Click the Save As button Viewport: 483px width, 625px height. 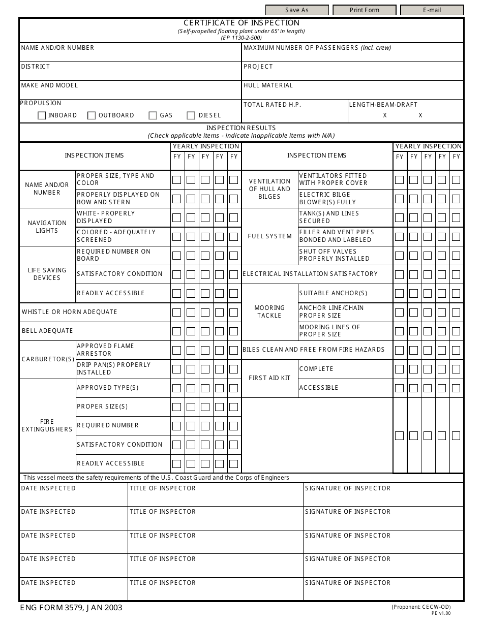click(x=297, y=10)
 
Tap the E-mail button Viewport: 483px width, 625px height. click(x=432, y=10)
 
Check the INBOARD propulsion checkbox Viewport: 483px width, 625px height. click(x=42, y=116)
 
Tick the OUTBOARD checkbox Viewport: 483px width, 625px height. click(x=92, y=116)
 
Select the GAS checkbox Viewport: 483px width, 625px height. click(x=153, y=116)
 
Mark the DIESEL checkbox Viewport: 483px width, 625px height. click(x=191, y=116)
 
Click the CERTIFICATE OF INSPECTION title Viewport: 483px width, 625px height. click(x=242, y=23)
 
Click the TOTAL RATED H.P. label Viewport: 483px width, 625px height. click(x=272, y=105)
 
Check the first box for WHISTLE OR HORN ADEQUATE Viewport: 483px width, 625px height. click(x=176, y=312)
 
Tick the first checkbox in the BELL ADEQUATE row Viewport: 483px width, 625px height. click(x=176, y=331)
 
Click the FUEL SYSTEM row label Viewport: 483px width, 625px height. click(x=269, y=236)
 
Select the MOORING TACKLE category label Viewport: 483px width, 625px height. click(x=269, y=312)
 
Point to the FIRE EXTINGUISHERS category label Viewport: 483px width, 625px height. click(x=47, y=426)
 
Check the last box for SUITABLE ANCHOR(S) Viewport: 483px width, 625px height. click(x=456, y=294)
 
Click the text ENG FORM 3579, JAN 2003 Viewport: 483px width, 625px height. click(x=71, y=608)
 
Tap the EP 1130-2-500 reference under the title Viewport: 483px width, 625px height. click(x=242, y=38)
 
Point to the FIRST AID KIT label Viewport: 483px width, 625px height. click(x=269, y=378)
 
